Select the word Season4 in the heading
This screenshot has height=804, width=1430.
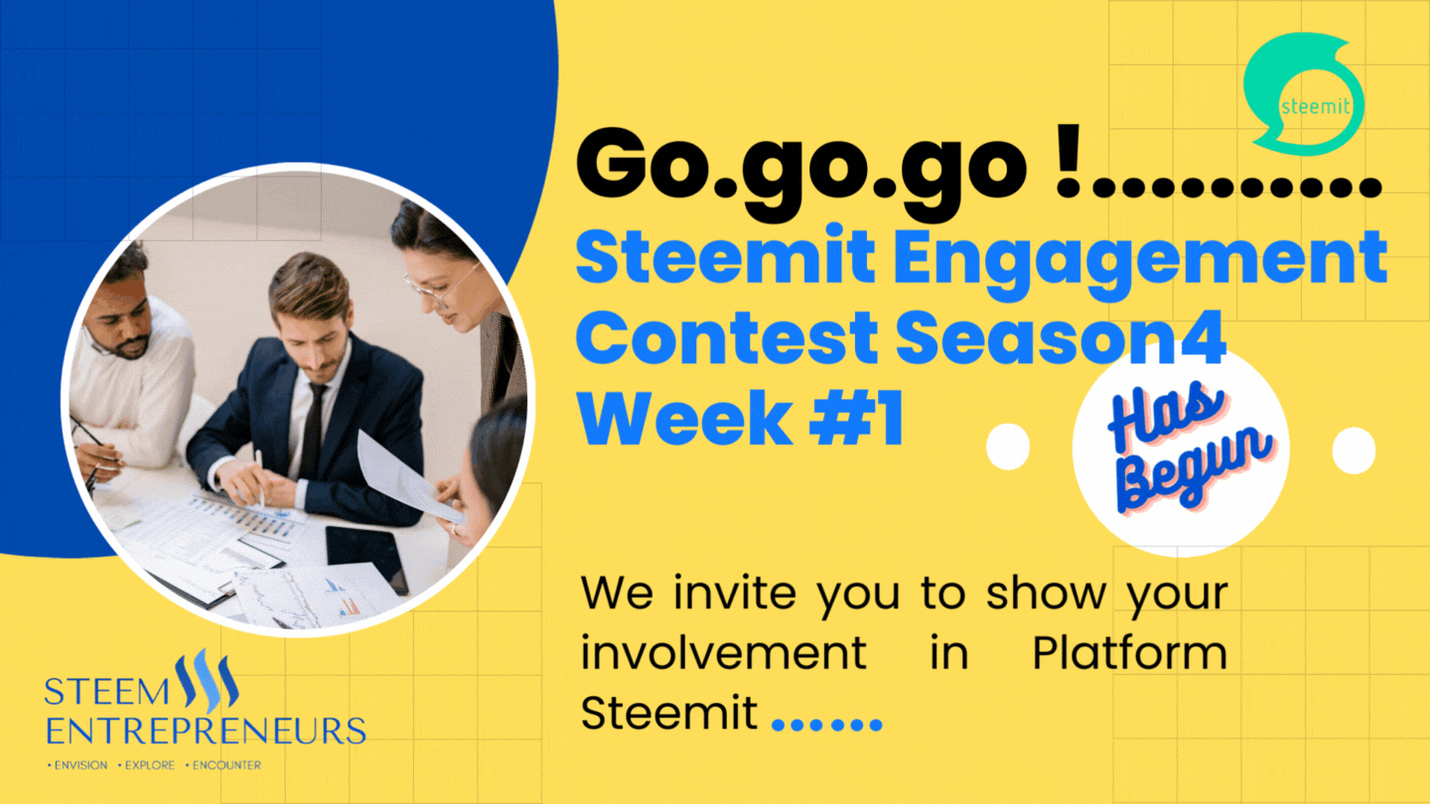click(x=1060, y=338)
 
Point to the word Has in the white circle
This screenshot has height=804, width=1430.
click(x=1165, y=418)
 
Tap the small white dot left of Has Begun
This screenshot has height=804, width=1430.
click(x=1008, y=447)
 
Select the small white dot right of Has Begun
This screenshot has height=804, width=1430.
click(x=1354, y=451)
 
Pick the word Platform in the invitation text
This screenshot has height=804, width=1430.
click(x=1130, y=654)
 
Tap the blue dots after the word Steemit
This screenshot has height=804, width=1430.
click(x=827, y=725)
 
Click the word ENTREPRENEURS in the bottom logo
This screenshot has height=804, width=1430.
click(x=206, y=732)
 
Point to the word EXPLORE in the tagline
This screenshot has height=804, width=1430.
click(x=149, y=765)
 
